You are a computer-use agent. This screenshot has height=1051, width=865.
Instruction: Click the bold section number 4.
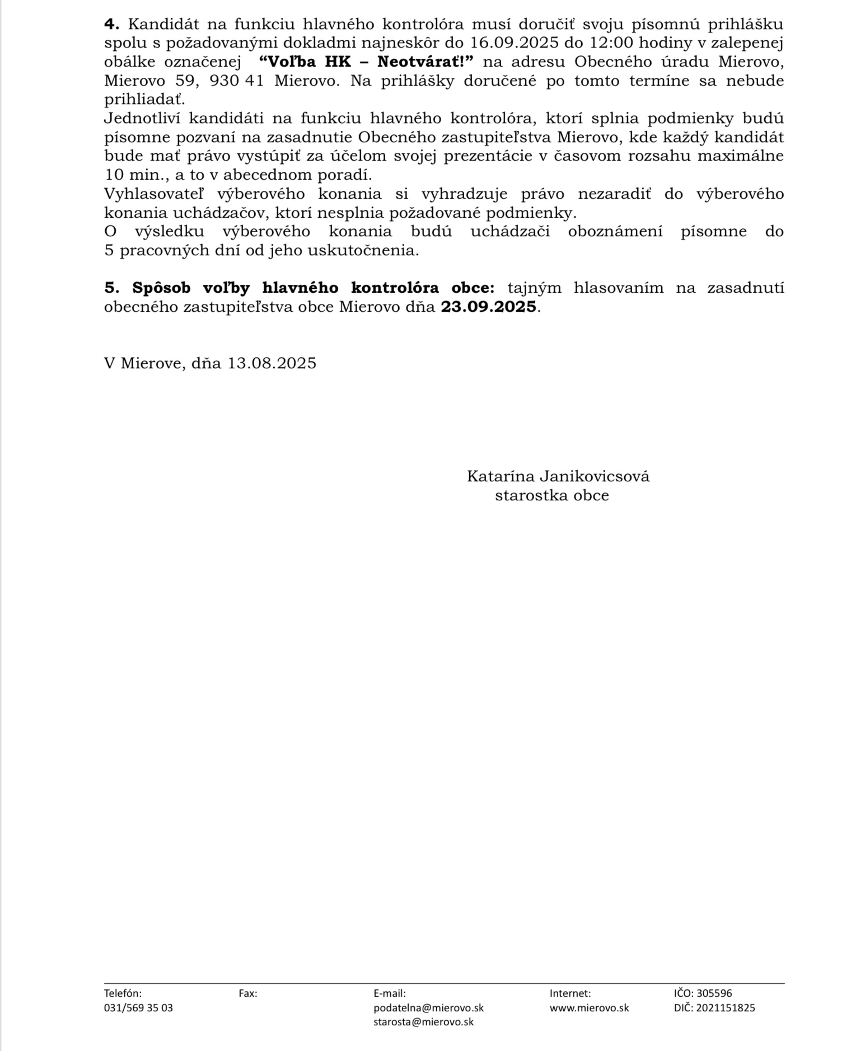pos(111,24)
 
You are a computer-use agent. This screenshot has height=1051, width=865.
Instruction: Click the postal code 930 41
pos(236,81)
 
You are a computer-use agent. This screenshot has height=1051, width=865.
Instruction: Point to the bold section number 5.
pos(111,288)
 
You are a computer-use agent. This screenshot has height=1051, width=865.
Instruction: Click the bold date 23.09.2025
pos(488,307)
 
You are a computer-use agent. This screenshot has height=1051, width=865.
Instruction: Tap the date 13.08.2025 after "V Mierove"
pos(272,363)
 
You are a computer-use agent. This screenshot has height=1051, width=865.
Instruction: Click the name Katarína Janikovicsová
pos(558,476)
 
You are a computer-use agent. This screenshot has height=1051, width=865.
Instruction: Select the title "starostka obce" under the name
pos(551,495)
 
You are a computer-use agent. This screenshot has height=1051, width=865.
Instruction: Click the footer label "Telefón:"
pos(123,993)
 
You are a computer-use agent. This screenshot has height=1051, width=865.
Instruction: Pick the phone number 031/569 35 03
pos(138,1007)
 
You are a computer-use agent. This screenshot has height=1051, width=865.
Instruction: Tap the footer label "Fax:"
pos(247,993)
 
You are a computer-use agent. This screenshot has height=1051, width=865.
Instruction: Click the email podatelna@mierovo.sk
pos(428,1007)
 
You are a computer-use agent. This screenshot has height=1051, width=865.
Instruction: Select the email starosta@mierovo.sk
pos(423,1021)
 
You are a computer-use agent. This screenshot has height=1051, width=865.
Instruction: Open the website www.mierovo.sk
pos(589,1007)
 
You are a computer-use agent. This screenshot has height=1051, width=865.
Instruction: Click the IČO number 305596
pos(714,993)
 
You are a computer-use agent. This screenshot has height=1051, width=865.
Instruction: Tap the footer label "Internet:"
pos(570,993)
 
